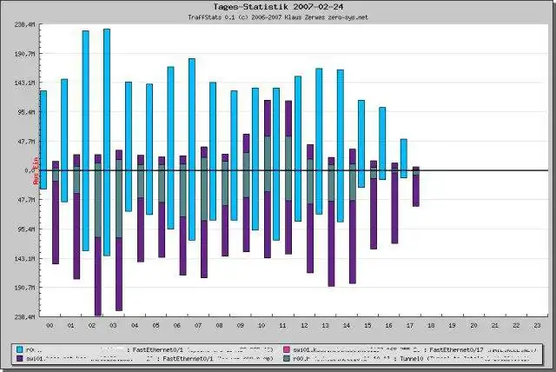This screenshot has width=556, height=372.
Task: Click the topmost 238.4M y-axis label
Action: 24,24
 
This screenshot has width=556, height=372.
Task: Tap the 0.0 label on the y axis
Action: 29,170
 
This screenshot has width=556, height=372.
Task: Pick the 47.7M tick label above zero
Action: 25,141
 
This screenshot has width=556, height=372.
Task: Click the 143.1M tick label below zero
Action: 24,259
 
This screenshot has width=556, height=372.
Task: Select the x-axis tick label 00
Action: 50,325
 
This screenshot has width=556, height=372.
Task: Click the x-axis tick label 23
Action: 538,325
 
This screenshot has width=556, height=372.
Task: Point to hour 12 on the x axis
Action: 304,325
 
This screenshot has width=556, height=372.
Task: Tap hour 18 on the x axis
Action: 432,325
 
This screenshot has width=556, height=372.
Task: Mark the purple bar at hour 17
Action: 416,187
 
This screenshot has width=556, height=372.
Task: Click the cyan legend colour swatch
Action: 18,349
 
